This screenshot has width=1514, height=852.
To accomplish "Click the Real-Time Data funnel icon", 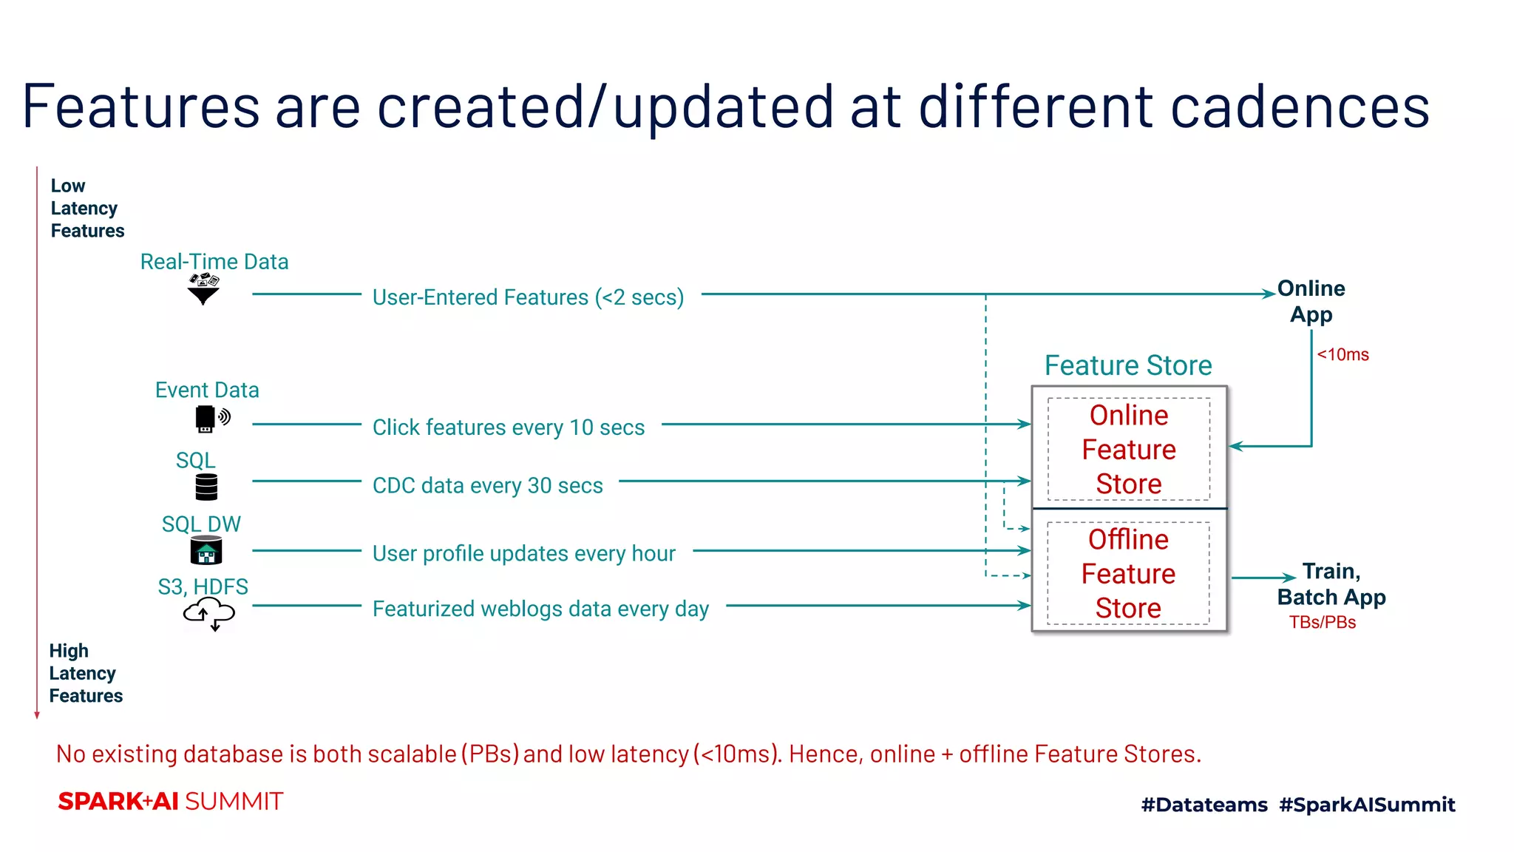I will click(x=204, y=289).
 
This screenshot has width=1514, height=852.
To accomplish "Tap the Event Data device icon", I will click(x=211, y=419).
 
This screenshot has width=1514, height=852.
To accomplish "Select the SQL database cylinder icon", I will click(x=206, y=487).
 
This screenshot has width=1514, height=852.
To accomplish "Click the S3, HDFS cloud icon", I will click(x=209, y=614).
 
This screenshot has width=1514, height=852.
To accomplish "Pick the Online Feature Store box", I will click(x=1129, y=450).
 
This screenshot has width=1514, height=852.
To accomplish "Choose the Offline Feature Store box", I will click(x=1128, y=574).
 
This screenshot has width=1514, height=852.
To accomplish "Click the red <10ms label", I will click(x=1342, y=355).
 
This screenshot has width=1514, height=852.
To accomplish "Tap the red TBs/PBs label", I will click(x=1323, y=623).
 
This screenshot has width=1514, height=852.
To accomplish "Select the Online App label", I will click(x=1311, y=301).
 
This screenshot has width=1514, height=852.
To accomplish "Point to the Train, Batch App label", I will click(x=1331, y=584).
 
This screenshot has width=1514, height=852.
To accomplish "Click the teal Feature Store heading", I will click(x=1128, y=365).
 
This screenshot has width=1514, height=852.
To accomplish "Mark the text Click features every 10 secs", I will click(x=509, y=427).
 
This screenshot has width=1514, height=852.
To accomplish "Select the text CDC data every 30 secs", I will click(x=488, y=485).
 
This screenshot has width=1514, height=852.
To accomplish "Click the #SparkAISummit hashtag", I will click(x=1367, y=805).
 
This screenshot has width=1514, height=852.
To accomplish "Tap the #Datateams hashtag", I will click(x=1204, y=805).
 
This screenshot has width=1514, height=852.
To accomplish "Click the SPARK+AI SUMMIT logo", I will click(x=171, y=802).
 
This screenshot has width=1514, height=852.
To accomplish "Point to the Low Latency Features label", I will click(x=87, y=208).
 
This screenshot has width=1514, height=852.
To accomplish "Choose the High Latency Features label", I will click(x=86, y=673).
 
